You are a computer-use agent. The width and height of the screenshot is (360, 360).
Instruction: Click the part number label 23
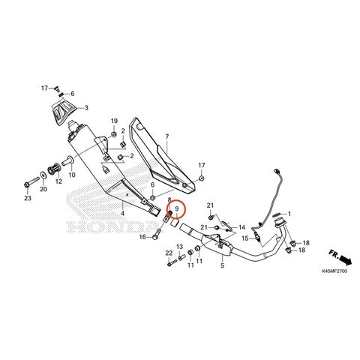pos(28,198)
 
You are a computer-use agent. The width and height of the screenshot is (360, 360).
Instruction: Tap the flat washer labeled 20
pos(43,175)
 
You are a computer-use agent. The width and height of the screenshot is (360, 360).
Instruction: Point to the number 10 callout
pos(72,175)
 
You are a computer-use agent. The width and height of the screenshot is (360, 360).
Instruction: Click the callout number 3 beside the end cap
pos(86,108)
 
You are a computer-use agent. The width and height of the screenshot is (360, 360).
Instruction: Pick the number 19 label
pos(114,121)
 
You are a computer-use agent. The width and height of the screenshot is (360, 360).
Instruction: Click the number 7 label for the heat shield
pos(167,136)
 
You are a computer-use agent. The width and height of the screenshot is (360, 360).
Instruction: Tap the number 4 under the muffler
pos(122,214)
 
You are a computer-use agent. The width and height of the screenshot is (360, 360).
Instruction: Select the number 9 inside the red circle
pos(176,208)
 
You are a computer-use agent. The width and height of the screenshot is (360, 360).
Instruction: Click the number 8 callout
pos(169,199)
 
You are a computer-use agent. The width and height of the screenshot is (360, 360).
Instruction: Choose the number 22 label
pos(169,253)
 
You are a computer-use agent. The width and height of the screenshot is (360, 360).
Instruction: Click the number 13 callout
pos(180,247)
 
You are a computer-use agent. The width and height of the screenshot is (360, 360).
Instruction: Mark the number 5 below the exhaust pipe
pos(223,265)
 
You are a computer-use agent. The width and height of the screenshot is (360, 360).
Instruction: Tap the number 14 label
pos(241,227)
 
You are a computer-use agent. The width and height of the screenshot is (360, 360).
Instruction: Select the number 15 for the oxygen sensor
pos(245,238)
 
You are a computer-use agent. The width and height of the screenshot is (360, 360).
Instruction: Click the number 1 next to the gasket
pos(289,214)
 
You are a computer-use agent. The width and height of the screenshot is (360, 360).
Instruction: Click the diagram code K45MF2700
pos(334,271)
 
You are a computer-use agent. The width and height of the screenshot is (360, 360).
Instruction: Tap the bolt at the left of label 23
pos(31,182)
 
